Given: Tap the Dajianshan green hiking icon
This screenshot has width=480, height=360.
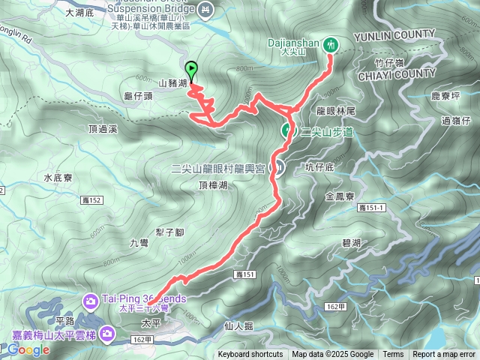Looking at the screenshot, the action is coord(331,44).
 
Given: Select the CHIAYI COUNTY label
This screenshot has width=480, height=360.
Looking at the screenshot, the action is coord(396,73).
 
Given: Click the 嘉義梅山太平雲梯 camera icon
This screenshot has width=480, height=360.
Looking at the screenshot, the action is coord(109,331).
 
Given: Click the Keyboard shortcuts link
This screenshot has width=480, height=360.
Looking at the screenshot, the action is coord(250,355).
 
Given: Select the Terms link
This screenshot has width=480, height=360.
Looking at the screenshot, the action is coord(393,355).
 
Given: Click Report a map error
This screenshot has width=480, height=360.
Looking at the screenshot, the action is coord(444,355).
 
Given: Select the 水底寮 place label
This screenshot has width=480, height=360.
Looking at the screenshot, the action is coord(58,178).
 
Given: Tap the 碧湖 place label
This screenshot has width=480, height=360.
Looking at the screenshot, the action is coord(351,243).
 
